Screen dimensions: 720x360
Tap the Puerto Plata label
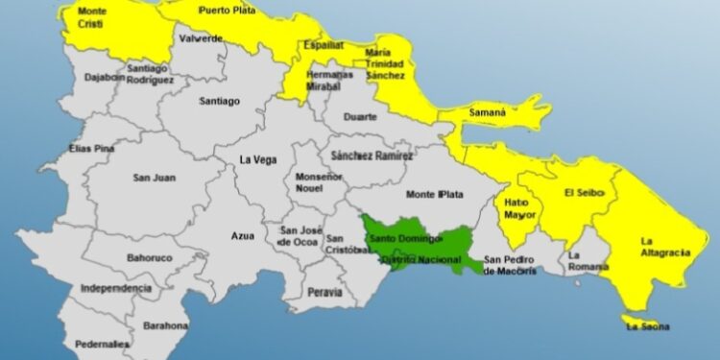[x=227, y=11]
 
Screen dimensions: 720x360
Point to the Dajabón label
[x=105, y=77]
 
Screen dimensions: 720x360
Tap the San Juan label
[x=154, y=177]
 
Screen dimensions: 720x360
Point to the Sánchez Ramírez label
[x=371, y=156]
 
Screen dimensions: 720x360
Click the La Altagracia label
[x=664, y=247]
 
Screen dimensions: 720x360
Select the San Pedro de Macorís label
[x=518, y=264]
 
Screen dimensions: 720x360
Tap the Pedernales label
[x=102, y=343]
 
